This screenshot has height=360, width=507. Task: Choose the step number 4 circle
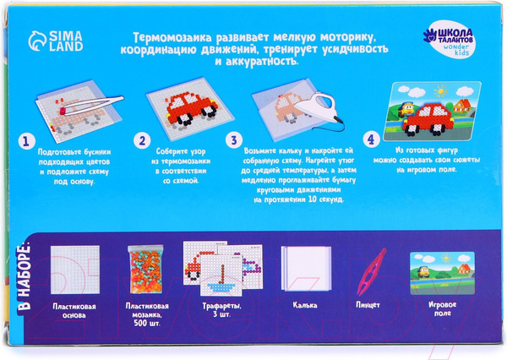pos(368,140)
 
